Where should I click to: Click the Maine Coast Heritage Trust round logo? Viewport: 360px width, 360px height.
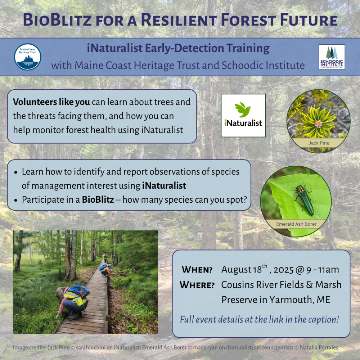28,57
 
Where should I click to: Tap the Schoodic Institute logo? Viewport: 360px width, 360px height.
332,57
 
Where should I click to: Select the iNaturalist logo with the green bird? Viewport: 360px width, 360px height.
243,116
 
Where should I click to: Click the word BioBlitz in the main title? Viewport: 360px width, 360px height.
57,20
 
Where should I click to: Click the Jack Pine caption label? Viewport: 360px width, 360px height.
319,143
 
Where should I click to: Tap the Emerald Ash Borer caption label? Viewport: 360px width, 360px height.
296,224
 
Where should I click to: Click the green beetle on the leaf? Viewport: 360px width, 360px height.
304,199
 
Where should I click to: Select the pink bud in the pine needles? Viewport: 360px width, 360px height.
319,124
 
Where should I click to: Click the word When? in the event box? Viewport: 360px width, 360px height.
197,270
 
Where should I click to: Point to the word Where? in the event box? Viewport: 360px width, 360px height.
197,285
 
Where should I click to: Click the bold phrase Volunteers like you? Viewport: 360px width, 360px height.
51,102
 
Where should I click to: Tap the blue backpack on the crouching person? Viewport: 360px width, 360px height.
79,291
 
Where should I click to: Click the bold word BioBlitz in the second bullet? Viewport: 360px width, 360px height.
98,199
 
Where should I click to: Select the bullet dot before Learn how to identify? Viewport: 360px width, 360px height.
15,172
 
